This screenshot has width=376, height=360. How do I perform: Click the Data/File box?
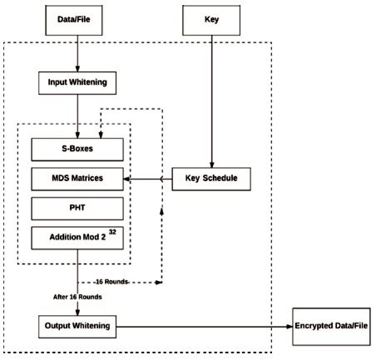click(74, 20)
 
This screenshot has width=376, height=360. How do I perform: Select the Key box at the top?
click(211, 20)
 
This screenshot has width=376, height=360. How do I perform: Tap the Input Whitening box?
click(77, 83)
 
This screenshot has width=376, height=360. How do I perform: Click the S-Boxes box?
click(77, 150)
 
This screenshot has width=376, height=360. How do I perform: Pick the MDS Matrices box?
click(77, 179)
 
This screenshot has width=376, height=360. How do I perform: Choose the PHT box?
click(77, 209)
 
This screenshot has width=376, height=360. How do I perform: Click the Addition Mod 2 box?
click(77, 238)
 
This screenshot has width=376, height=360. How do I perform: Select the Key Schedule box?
click(211, 179)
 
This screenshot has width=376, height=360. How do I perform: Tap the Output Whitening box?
click(77, 327)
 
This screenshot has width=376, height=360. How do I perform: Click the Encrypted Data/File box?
click(332, 327)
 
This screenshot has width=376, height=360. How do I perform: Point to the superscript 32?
click(112, 232)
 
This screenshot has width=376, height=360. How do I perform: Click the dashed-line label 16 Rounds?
click(111, 282)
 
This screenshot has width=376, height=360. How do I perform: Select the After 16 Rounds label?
click(77, 297)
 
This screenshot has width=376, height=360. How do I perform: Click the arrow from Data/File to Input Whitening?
click(77, 53)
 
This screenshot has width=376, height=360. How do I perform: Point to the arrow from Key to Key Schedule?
click(212, 101)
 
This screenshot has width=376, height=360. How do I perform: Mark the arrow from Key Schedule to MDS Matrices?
click(148, 179)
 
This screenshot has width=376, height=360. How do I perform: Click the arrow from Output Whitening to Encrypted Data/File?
click(205, 327)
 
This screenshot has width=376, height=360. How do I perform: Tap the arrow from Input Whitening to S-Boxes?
click(77, 116)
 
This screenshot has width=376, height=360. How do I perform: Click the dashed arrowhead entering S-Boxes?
click(101, 135)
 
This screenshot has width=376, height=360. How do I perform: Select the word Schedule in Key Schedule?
click(220, 178)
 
